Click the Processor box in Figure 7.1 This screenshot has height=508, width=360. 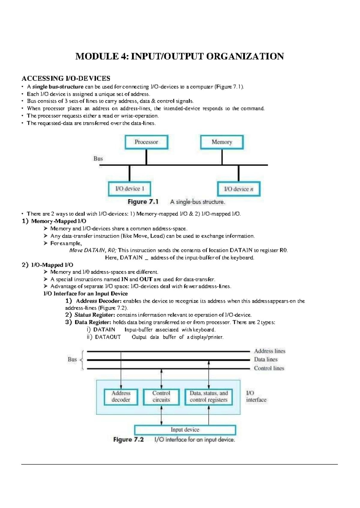pyautogui.click(x=146, y=142)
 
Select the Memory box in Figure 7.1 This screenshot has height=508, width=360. pyautogui.click(x=222, y=142)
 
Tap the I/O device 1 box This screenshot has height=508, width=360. pyautogui.click(x=130, y=189)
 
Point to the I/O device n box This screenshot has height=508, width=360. pyautogui.click(x=238, y=189)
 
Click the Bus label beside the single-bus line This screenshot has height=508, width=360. pyautogui.click(x=98, y=159)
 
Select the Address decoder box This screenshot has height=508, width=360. pyautogui.click(x=121, y=397)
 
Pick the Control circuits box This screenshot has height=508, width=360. pyautogui.click(x=161, y=397)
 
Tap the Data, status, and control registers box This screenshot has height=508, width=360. pyautogui.click(x=208, y=397)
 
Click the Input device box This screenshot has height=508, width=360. pyautogui.click(x=185, y=430)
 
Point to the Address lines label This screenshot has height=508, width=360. pyautogui.click(x=269, y=351)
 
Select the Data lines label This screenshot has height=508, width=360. pyautogui.click(x=265, y=359)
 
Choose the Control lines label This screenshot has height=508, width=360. pyautogui.click(x=269, y=368)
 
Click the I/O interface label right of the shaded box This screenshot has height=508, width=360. pyautogui.click(x=256, y=397)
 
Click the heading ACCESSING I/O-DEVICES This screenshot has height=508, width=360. pyautogui.click(x=66, y=79)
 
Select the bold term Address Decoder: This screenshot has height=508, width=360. pyautogui.click(x=98, y=301)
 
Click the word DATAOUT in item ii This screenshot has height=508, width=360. pyautogui.click(x=108, y=337)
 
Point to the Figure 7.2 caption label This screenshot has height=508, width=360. pyautogui.click(x=128, y=440)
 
